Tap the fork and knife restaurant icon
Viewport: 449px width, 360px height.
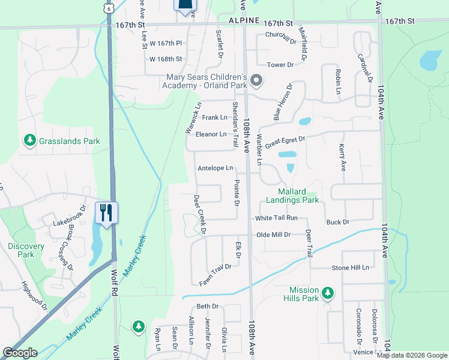[106, 212]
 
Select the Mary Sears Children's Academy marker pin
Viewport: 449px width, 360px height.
[257, 80]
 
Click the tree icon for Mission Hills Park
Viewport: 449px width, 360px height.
[327, 293]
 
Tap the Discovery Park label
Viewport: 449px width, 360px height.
[26, 250]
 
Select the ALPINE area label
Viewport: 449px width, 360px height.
[244, 20]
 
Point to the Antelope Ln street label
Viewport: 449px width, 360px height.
[215, 169]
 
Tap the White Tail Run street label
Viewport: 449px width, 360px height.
[276, 218]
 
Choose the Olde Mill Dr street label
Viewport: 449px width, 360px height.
[273, 235]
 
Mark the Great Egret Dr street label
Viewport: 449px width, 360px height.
[286, 142]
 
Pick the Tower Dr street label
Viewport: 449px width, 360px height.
[280, 64]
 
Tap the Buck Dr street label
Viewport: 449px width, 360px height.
[338, 222]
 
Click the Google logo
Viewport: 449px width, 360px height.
[20, 353]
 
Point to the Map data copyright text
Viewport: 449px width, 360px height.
[412, 355]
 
